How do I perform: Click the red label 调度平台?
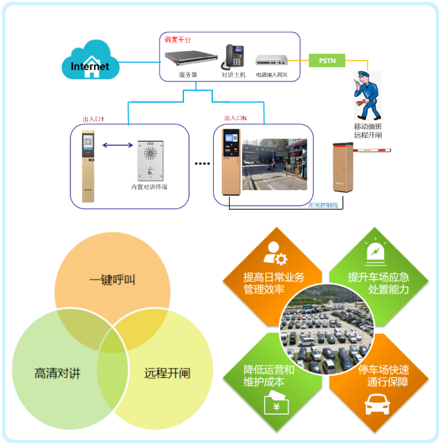click(178, 39)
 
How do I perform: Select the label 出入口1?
click(93, 120)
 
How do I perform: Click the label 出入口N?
click(235, 118)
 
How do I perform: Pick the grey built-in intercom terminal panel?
click(150, 161)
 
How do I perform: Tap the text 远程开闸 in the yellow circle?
click(167, 373)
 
